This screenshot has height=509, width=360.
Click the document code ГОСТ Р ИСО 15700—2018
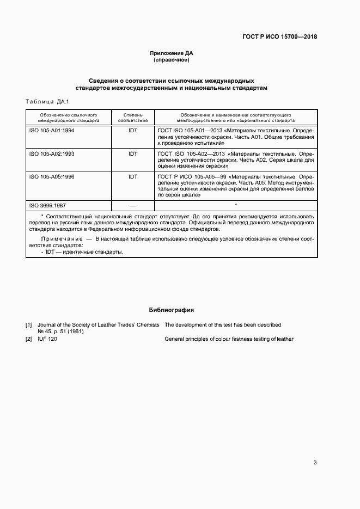279,38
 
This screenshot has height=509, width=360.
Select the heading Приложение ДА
172,53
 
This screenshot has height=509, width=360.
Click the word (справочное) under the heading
172,60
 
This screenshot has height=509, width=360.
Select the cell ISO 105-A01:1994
52,131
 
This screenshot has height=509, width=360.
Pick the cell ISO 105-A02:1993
52,154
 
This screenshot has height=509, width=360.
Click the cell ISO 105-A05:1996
52,177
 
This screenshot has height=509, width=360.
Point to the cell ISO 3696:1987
47,206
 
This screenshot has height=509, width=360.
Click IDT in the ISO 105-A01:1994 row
133,131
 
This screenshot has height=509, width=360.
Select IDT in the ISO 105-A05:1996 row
133,177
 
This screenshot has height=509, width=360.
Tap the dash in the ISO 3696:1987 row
133,206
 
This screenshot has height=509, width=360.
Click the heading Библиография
172,310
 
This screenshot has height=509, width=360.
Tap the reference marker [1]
29,325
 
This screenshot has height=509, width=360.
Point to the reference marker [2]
29,339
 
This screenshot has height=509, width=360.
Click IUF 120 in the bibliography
47,339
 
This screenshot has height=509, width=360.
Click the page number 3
315,463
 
